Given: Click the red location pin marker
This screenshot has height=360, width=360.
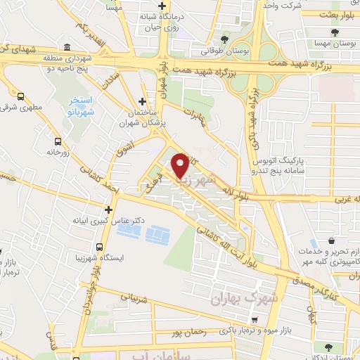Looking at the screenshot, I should click(180, 165).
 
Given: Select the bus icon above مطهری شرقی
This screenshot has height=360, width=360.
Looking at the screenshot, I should click(20, 97).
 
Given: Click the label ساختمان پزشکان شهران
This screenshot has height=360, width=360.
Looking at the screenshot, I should click(144, 115).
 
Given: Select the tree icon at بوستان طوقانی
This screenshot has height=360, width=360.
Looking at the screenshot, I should click(224, 39).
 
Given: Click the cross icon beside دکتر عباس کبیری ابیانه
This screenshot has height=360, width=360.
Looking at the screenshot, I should click(108, 210).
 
